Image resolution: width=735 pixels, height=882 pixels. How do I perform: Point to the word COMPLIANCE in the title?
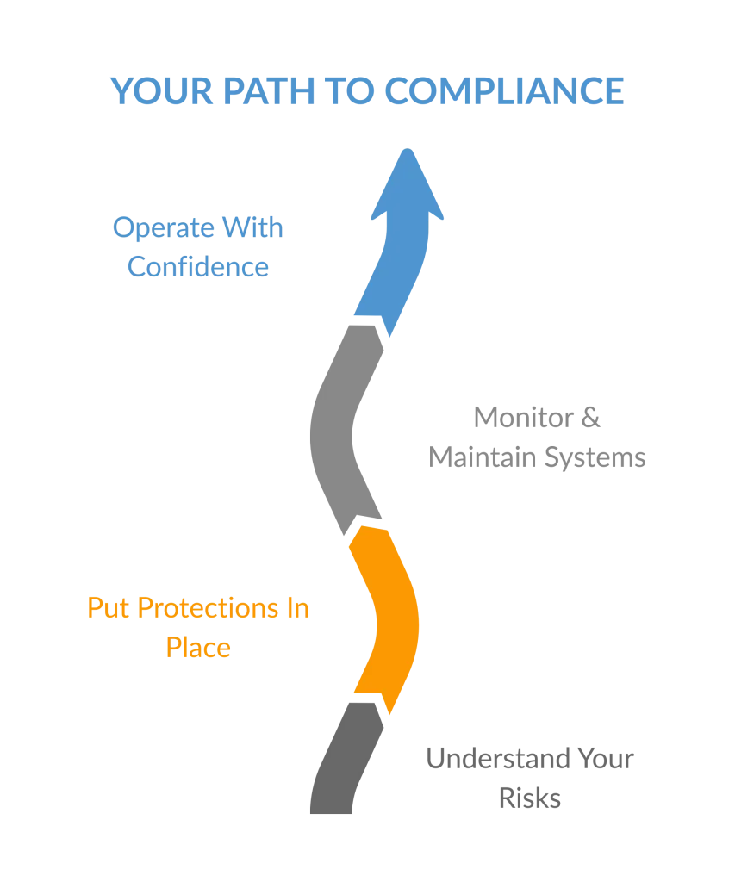(504, 92)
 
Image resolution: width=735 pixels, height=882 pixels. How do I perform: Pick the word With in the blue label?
(252, 230)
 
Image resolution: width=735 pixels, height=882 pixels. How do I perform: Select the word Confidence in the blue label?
(198, 267)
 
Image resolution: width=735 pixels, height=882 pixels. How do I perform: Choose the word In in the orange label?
(298, 609)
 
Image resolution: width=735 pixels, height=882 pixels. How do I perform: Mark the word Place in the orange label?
(198, 647)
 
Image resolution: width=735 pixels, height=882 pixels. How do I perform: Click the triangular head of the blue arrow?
(408, 185)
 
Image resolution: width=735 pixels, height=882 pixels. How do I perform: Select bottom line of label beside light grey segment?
(536, 457)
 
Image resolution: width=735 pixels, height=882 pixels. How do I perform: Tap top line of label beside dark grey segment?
(530, 761)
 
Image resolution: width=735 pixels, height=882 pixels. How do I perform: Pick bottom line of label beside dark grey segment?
(530, 801)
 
